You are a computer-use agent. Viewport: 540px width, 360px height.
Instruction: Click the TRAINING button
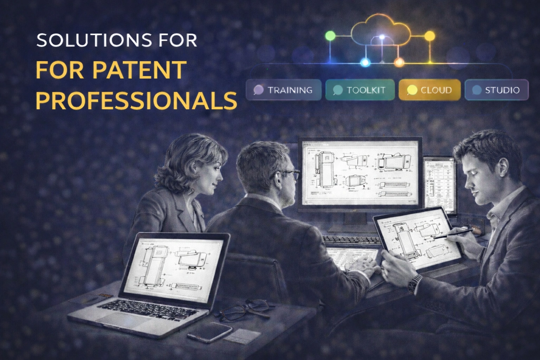tap(283, 90)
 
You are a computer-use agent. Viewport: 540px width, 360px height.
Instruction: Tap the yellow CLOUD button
tap(429, 90)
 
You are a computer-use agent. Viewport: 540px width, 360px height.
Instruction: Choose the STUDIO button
tap(496, 90)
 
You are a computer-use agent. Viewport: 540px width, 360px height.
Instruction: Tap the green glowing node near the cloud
tap(330, 36)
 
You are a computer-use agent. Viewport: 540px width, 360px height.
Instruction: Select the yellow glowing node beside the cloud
tap(430, 36)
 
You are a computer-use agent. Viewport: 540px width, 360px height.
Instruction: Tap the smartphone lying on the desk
tap(210, 332)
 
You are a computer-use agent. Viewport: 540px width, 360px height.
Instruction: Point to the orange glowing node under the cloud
tap(399, 63)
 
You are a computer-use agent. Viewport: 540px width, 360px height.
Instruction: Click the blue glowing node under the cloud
tap(365, 63)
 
